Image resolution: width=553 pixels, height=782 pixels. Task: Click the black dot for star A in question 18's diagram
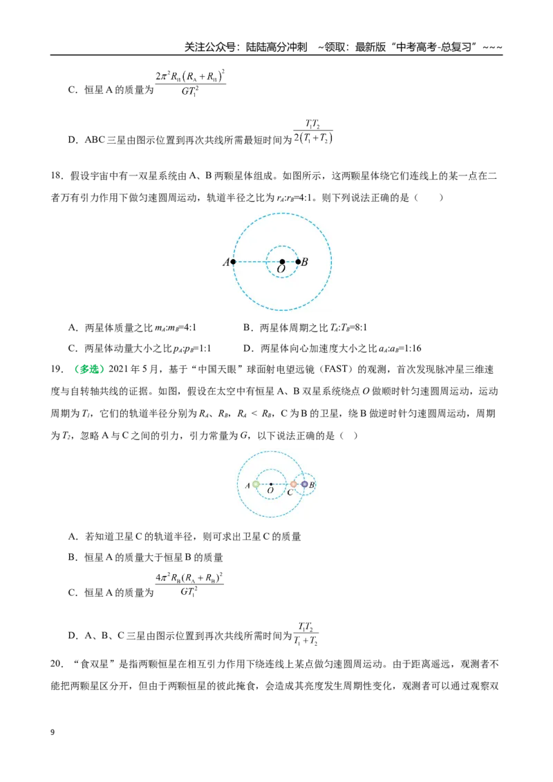click(x=233, y=261)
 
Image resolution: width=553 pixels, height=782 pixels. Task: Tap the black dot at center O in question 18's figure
click(x=282, y=261)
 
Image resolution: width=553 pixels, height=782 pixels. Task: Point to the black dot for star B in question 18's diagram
click(x=298, y=261)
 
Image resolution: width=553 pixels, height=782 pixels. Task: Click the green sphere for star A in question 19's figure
click(x=256, y=484)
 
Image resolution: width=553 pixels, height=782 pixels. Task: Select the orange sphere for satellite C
click(x=294, y=484)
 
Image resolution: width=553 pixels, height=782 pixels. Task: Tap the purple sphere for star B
click(x=304, y=484)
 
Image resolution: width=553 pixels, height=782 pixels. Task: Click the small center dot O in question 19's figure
click(x=270, y=484)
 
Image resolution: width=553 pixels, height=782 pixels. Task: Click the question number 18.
click(x=57, y=175)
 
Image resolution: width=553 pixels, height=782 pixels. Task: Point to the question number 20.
click(x=57, y=664)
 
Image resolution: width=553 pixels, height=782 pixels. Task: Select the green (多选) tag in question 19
click(x=89, y=369)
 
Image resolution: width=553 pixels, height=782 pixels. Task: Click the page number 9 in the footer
click(x=53, y=732)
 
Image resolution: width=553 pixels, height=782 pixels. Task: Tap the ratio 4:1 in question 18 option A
click(x=189, y=327)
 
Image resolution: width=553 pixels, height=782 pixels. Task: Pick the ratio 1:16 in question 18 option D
click(x=412, y=348)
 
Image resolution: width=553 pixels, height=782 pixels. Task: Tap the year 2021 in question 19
click(x=119, y=369)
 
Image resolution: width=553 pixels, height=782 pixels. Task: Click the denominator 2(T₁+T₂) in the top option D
click(x=313, y=138)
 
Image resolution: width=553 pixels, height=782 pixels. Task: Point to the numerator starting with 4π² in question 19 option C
click(x=189, y=578)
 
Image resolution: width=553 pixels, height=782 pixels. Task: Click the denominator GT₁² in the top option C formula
click(x=189, y=91)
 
